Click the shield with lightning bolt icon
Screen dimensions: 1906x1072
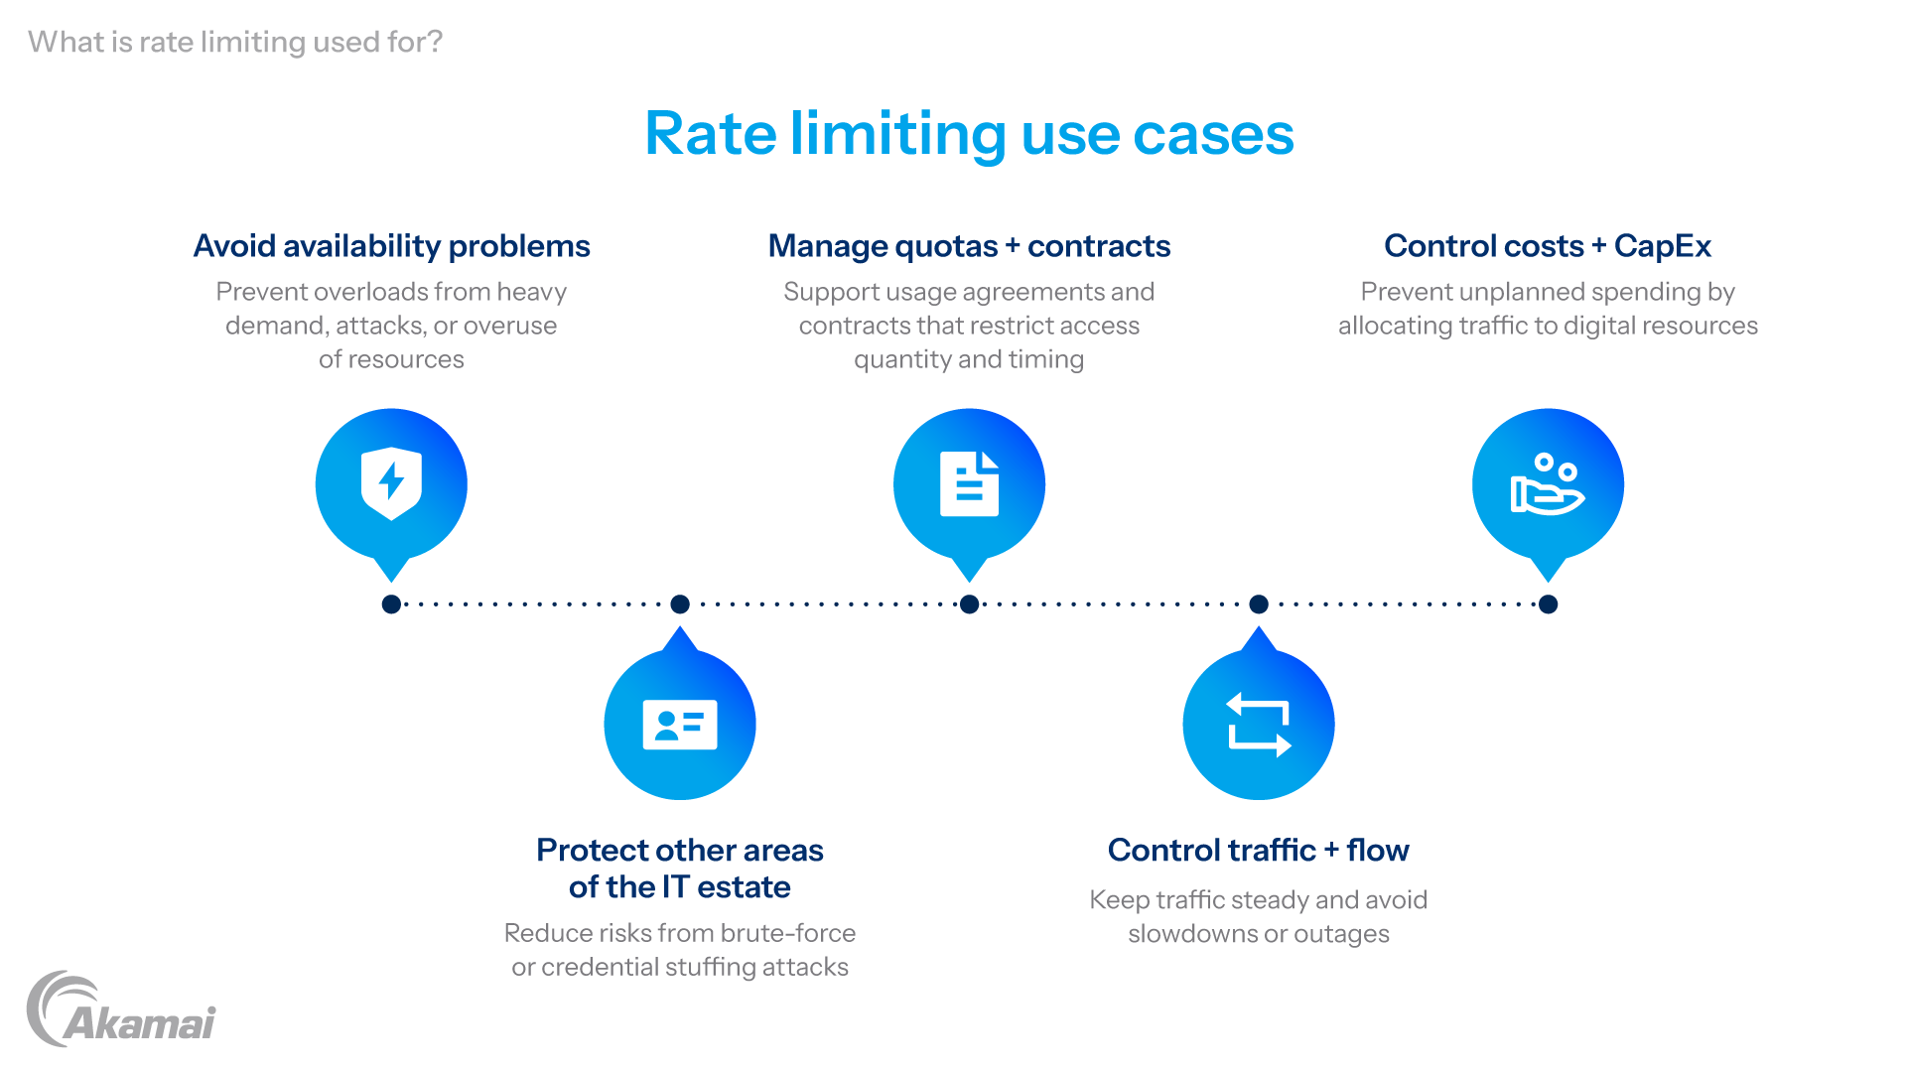point(391,483)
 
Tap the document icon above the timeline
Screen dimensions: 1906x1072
point(969,483)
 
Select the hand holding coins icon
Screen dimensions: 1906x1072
point(1548,483)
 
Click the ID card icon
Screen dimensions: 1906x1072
point(680,725)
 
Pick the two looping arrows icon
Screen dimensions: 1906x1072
point(1259,725)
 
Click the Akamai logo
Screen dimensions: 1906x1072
point(121,1008)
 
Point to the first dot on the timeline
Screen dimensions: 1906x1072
point(391,603)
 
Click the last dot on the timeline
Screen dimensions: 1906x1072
point(1548,603)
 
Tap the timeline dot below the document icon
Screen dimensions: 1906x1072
point(969,603)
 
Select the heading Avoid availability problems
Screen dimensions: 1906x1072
point(391,246)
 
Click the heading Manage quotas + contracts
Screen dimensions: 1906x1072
point(969,246)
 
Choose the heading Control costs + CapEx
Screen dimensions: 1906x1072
point(1548,246)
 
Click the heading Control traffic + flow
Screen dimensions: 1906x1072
point(1259,850)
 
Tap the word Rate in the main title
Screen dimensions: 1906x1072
point(711,134)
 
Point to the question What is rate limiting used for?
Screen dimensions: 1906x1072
point(235,42)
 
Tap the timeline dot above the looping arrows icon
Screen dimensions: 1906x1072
point(1259,603)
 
